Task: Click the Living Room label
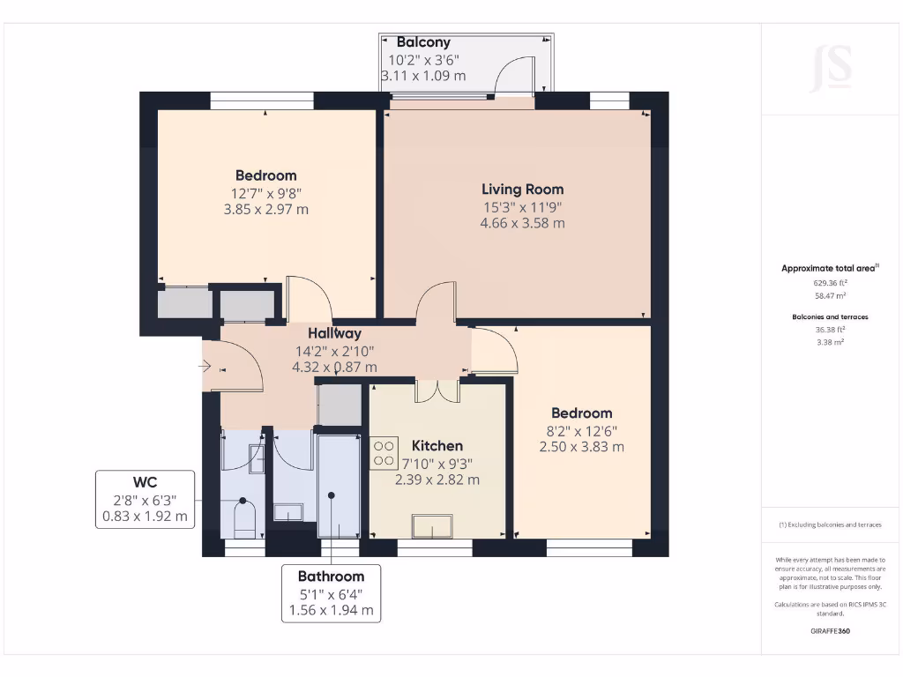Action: (x=522, y=189)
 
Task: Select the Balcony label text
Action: (x=423, y=42)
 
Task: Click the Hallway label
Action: (x=334, y=333)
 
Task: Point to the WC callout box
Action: (x=145, y=500)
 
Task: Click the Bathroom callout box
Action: (x=331, y=593)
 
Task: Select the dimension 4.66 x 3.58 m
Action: (x=522, y=223)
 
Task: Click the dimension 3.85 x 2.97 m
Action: (x=265, y=210)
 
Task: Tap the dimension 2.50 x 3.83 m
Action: (x=581, y=447)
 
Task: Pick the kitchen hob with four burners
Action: (x=384, y=453)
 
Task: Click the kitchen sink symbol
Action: (x=433, y=526)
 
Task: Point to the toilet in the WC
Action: (x=244, y=517)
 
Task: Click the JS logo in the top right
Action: (x=831, y=68)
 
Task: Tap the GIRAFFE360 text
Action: (x=830, y=631)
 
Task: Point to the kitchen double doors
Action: (x=438, y=391)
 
